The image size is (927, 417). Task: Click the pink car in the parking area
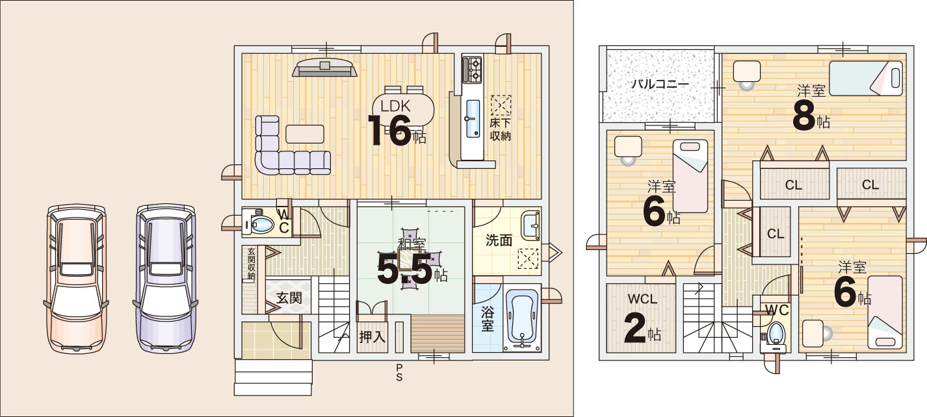75,279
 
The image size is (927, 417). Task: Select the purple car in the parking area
166,279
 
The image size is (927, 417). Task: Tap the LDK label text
395,107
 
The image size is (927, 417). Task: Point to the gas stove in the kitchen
472,69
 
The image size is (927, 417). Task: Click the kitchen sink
473,118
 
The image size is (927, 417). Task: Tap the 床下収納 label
501,129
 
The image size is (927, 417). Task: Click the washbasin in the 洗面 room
530,226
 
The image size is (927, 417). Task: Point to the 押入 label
372,336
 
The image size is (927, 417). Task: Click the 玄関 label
289,298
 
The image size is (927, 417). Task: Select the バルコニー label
660,84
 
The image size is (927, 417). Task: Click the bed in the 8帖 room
866,79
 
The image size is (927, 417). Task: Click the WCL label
642,299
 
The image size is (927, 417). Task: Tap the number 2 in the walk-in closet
635,329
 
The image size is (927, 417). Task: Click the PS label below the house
399,372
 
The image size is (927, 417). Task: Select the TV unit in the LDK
325,67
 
